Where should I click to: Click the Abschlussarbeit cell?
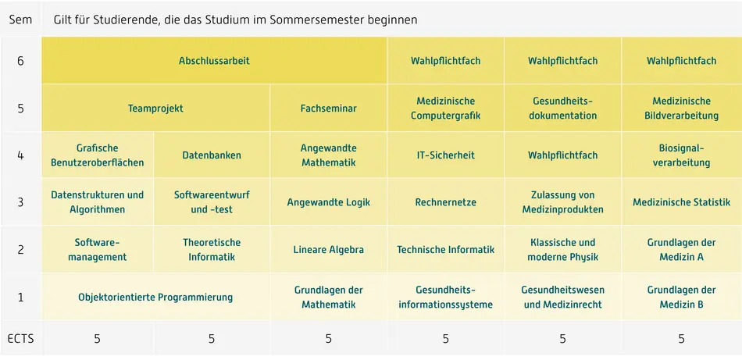click(214, 61)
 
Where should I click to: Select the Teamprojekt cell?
click(155, 109)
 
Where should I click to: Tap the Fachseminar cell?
click(328, 109)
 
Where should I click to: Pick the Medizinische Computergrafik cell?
click(445, 109)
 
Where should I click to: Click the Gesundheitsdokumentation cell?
click(562, 109)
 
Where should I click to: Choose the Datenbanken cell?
click(212, 155)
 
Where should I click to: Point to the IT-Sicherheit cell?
click(445, 155)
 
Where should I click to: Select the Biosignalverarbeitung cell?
click(681, 155)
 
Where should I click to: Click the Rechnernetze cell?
click(445, 202)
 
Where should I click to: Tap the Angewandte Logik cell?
click(328, 202)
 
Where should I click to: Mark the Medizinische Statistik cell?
click(681, 202)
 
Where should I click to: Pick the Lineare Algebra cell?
click(328, 250)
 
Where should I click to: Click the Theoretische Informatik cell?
click(212, 250)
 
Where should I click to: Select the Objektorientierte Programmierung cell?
click(155, 297)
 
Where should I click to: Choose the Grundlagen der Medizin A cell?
click(681, 250)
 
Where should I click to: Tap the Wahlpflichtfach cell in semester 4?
click(562, 155)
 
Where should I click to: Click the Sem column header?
click(20, 20)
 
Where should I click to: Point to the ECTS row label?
click(20, 339)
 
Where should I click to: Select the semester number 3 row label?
click(20, 202)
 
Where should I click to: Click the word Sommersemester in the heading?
click(312, 20)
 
